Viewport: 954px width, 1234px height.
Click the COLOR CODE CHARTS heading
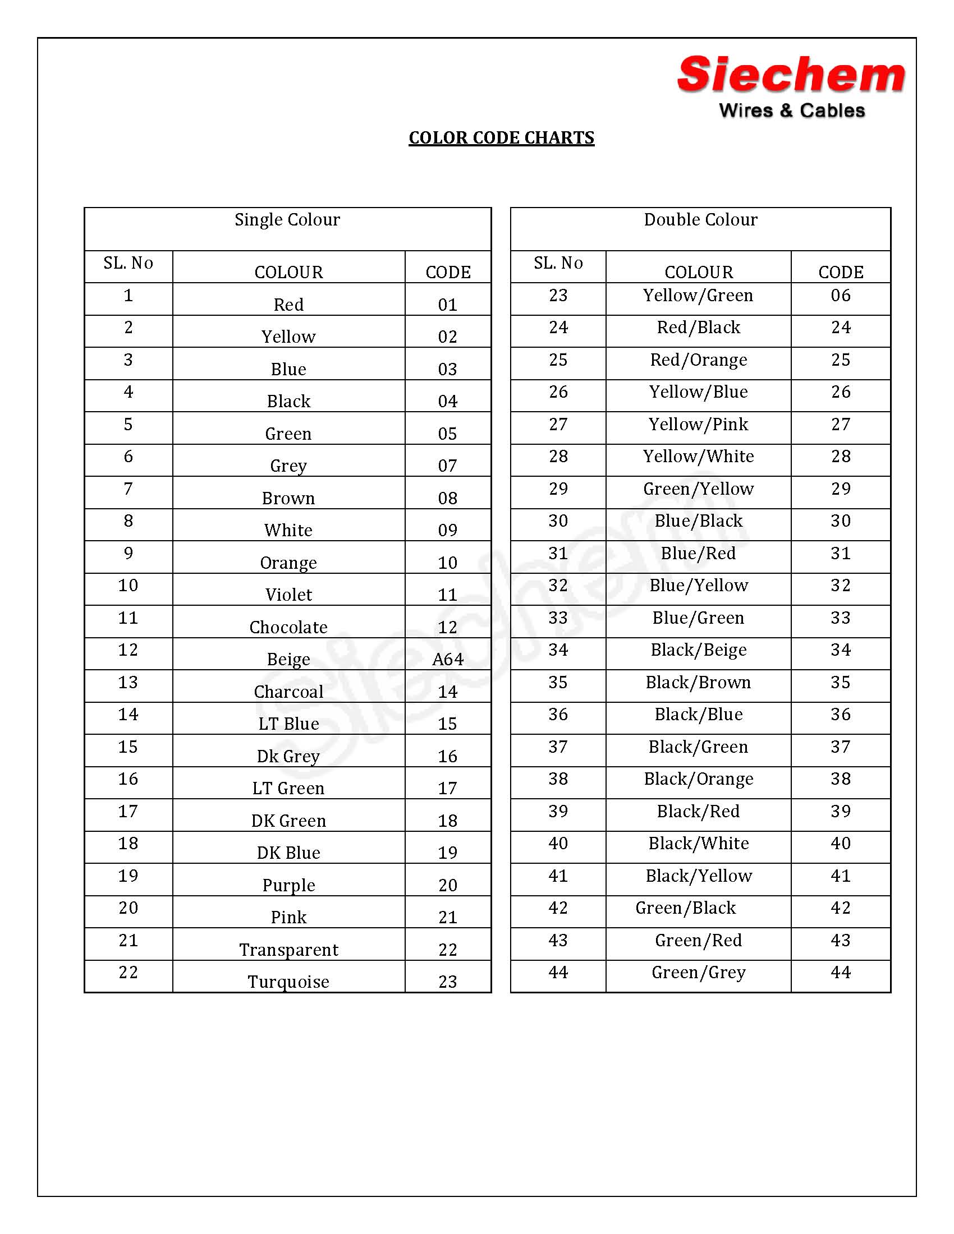point(501,138)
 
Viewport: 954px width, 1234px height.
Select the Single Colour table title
point(287,220)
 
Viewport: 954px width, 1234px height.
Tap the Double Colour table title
point(700,220)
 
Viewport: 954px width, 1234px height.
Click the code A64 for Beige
point(448,659)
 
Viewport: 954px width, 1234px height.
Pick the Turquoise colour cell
point(288,982)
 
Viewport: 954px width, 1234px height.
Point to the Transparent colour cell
point(288,949)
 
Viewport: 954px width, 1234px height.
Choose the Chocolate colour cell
point(288,627)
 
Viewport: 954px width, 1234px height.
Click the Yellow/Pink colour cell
point(698,425)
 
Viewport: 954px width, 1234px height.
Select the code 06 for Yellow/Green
point(841,296)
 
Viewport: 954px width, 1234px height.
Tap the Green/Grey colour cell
point(699,973)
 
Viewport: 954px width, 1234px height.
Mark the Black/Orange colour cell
point(699,779)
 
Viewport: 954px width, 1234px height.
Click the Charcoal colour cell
point(288,691)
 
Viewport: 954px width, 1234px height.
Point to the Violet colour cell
point(288,595)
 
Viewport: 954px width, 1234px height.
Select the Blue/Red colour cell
point(698,553)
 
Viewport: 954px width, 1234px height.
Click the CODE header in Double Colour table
point(841,272)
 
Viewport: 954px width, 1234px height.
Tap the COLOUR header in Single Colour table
point(288,272)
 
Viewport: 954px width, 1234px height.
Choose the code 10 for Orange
point(448,562)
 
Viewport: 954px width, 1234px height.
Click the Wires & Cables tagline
point(791,110)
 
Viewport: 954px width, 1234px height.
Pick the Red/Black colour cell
point(698,328)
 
